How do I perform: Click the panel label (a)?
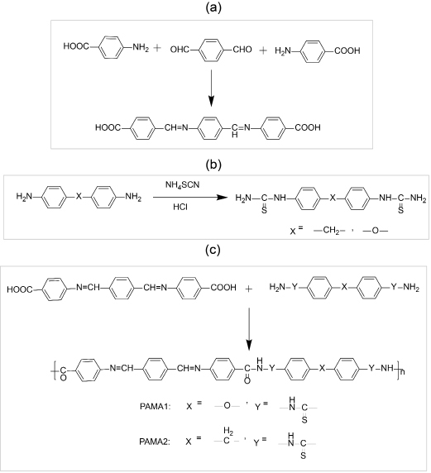click(x=213, y=7)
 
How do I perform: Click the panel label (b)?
click(x=213, y=165)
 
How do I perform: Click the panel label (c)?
click(x=213, y=250)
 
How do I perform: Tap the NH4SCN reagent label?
click(x=182, y=184)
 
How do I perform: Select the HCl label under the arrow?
click(x=180, y=207)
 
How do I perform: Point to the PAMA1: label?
click(x=156, y=406)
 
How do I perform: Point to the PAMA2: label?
click(x=155, y=442)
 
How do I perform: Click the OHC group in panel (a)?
click(x=180, y=49)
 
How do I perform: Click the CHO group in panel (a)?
click(x=242, y=49)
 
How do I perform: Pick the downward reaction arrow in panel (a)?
click(x=211, y=88)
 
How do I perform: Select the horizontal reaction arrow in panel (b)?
click(x=190, y=198)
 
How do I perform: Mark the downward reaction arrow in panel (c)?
click(x=249, y=329)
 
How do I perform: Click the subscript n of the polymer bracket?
click(x=402, y=372)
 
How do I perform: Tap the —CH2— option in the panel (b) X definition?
click(x=329, y=231)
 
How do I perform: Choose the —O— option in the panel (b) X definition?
click(x=376, y=231)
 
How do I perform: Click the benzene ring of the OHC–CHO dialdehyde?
click(x=211, y=49)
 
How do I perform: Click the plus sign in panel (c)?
click(x=249, y=289)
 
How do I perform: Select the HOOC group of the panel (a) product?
click(x=108, y=127)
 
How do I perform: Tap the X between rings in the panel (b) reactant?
click(x=79, y=197)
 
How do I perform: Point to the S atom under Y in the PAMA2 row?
click(x=303, y=455)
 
